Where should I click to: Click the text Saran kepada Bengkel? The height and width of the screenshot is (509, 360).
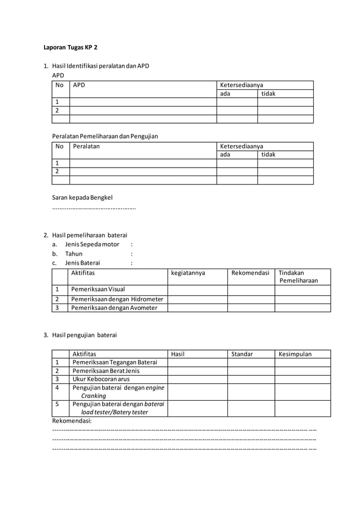click(x=82, y=198)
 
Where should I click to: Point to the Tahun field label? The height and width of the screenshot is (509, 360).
click(x=73, y=253)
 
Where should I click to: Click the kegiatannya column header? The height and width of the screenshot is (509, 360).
click(x=188, y=273)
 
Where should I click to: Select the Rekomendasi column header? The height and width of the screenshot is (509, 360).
click(x=250, y=273)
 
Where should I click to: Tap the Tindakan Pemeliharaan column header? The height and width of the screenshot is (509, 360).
click(x=298, y=277)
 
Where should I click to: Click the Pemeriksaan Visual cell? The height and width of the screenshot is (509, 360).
click(x=98, y=289)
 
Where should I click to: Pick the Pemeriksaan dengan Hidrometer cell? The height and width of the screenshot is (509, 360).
click(x=117, y=299)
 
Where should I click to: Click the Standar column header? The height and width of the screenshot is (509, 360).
click(x=242, y=354)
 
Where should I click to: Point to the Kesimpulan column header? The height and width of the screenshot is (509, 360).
click(x=295, y=354)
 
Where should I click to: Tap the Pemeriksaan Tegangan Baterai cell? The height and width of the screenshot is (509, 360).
click(x=115, y=362)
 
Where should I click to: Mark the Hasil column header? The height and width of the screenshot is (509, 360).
click(x=178, y=354)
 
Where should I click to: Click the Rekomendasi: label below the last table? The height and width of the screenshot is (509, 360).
click(x=72, y=421)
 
